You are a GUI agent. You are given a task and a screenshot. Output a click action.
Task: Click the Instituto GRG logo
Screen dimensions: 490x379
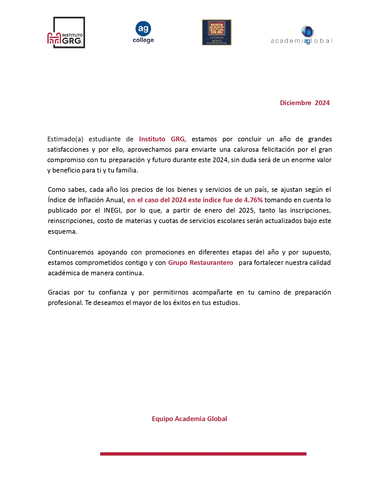tap(66, 33)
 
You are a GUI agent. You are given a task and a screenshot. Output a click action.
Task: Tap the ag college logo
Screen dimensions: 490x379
tap(143, 32)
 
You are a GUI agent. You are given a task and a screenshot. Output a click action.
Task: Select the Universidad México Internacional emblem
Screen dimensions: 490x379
tap(217, 32)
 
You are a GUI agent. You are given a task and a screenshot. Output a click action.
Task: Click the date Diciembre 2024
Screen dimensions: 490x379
tap(305, 103)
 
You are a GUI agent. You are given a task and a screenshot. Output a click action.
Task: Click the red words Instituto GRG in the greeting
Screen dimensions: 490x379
tap(162, 139)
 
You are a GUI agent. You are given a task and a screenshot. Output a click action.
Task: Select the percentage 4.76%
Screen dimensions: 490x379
tap(253, 200)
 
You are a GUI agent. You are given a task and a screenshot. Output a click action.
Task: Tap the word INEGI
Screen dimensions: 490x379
tap(112, 210)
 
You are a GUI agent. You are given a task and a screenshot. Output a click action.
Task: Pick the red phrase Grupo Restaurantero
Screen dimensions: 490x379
tap(201, 263)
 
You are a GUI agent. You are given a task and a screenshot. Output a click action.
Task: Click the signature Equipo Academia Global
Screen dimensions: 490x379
tap(189, 419)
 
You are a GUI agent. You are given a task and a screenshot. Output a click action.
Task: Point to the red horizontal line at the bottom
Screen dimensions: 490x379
tap(203, 454)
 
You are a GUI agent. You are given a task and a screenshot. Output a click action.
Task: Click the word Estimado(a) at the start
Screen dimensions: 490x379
tap(65, 139)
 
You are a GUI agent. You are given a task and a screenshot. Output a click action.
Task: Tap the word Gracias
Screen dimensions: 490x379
tap(59, 292)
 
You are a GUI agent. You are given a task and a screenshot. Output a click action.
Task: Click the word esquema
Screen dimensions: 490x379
tap(62, 231)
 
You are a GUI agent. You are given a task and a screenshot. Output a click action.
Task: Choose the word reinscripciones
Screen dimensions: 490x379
tap(70, 221)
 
